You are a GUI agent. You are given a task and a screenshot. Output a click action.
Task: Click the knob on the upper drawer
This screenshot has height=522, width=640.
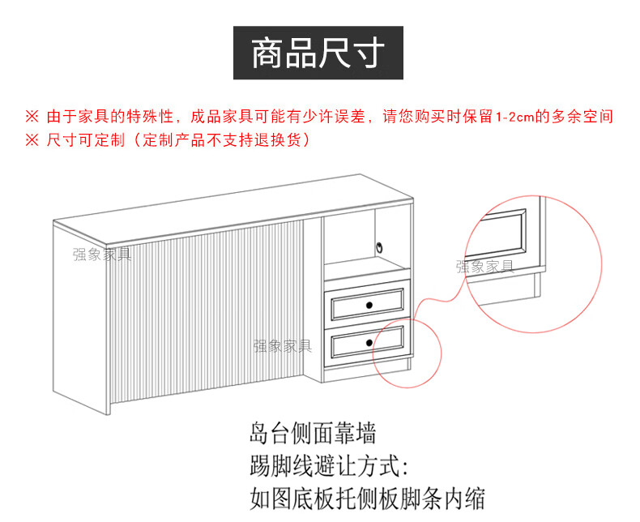tap(369, 305)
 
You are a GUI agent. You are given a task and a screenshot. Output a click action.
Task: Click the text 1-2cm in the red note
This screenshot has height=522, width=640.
tap(510, 116)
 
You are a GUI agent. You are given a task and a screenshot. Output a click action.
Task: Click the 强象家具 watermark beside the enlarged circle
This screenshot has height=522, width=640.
tap(484, 267)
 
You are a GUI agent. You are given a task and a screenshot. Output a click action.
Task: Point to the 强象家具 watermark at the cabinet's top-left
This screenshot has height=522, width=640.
tap(101, 254)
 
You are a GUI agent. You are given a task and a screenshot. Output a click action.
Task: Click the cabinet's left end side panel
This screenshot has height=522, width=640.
tap(79, 316)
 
